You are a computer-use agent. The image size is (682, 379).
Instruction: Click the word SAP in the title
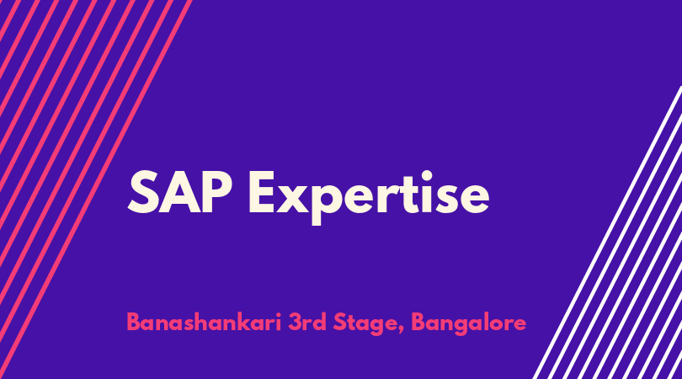pyautogui.click(x=180, y=192)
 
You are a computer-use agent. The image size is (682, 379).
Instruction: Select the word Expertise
pyautogui.click(x=369, y=197)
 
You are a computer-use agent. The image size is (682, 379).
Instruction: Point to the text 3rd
pyautogui.click(x=307, y=323)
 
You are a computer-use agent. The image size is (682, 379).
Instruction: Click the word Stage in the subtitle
pyautogui.click(x=365, y=324)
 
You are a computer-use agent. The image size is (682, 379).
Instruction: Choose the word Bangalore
pyautogui.click(x=468, y=324)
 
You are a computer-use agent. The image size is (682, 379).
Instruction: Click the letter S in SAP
pyautogui.click(x=142, y=192)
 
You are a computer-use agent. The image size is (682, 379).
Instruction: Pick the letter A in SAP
pyautogui.click(x=179, y=192)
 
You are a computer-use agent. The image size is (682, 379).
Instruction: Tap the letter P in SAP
pyautogui.click(x=217, y=192)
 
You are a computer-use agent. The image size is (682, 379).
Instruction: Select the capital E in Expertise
pyautogui.click(x=262, y=192)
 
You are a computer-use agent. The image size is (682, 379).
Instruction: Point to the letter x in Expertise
pyautogui.click(x=294, y=198)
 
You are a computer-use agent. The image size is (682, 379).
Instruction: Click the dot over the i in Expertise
pyautogui.click(x=427, y=176)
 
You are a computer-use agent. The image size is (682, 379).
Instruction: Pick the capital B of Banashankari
pyautogui.click(x=133, y=323)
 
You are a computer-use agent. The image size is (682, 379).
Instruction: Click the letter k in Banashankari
pyautogui.click(x=246, y=322)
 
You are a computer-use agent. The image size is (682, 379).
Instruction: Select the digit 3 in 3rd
pyautogui.click(x=295, y=323)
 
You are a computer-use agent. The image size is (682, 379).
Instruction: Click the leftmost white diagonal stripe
pyautogui.click(x=607, y=232)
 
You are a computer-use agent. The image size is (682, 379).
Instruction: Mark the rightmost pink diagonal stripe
pyautogui.click(x=96, y=189)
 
